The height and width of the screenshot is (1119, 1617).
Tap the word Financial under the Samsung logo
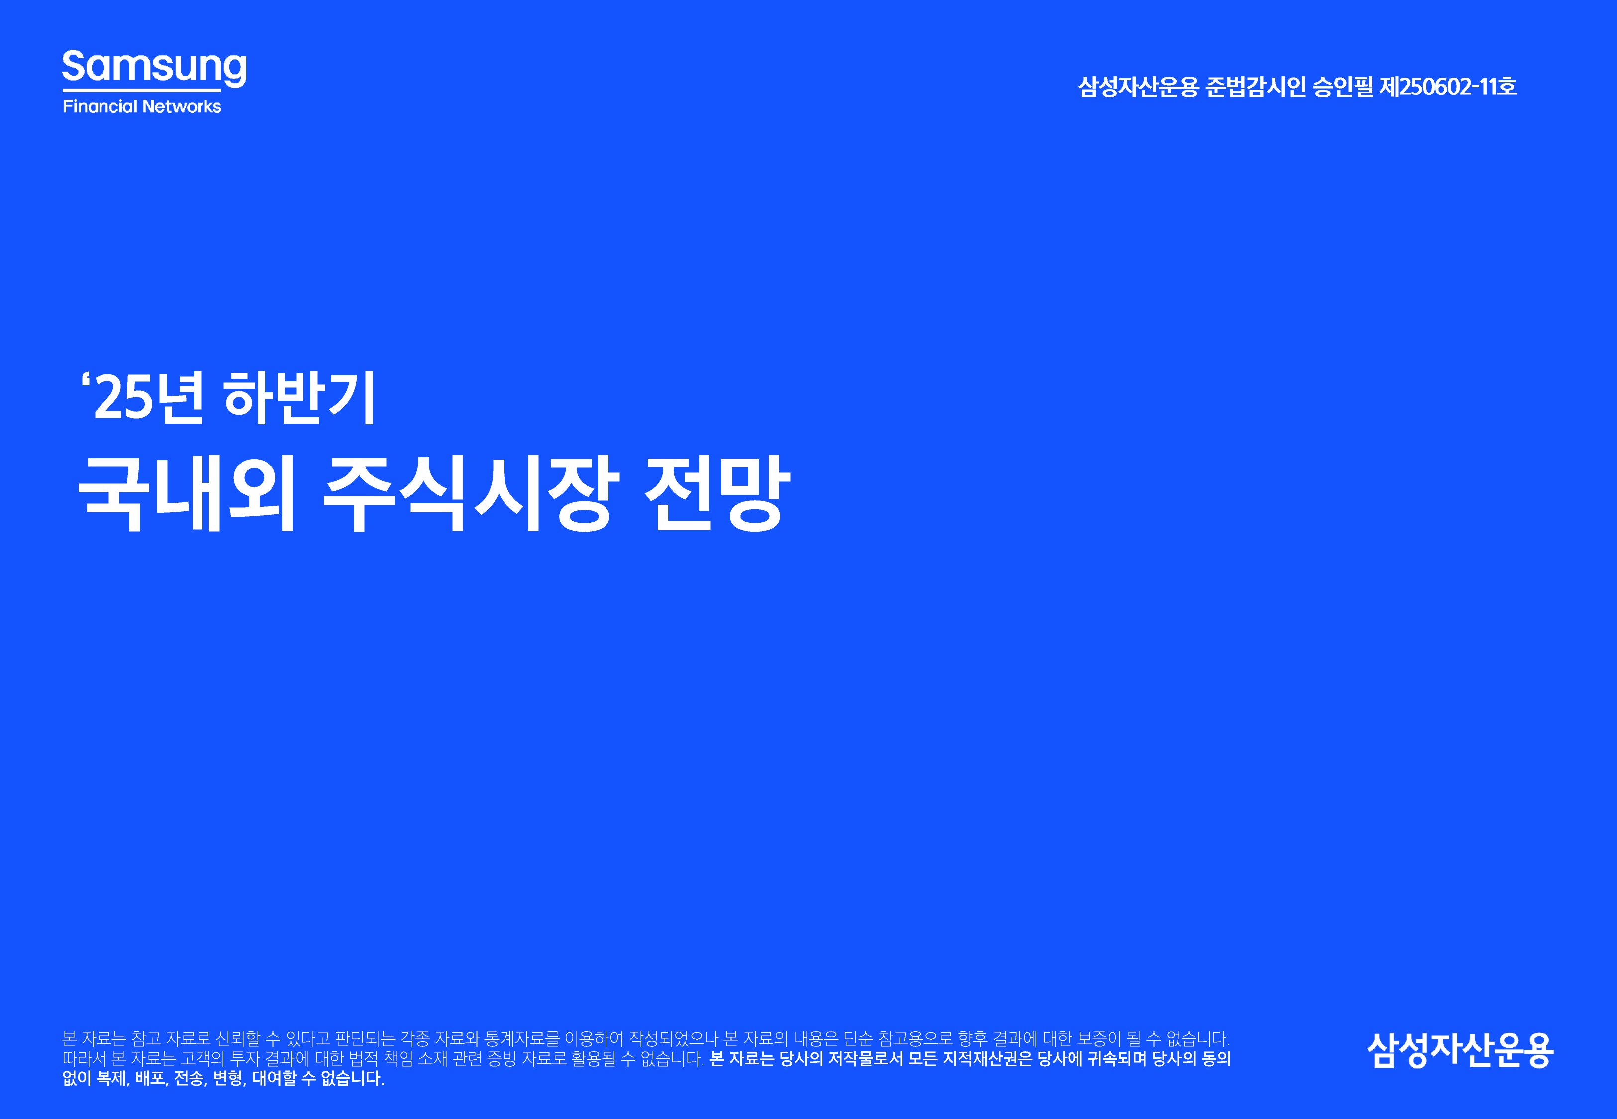tap(101, 106)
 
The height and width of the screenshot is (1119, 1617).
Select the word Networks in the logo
tap(182, 106)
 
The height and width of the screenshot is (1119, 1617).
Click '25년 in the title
tap(144, 397)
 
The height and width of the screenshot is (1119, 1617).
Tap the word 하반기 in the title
tap(300, 397)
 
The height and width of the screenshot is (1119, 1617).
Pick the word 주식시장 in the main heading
tap(471, 492)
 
